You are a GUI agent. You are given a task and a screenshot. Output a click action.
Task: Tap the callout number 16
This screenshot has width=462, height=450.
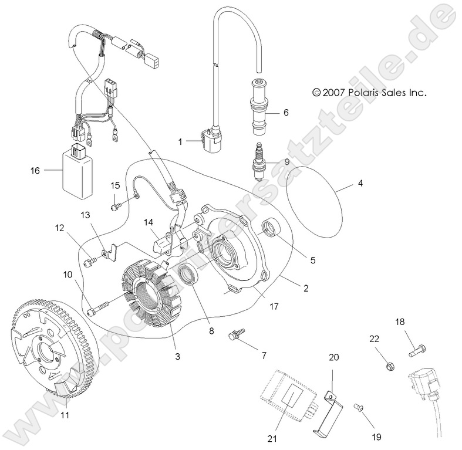(35, 171)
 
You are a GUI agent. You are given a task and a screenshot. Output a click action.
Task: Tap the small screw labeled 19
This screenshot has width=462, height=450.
(356, 406)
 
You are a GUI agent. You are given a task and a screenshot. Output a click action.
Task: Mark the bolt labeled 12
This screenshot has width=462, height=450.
(90, 261)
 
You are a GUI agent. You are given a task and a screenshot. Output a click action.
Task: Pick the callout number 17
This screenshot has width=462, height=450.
(274, 306)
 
